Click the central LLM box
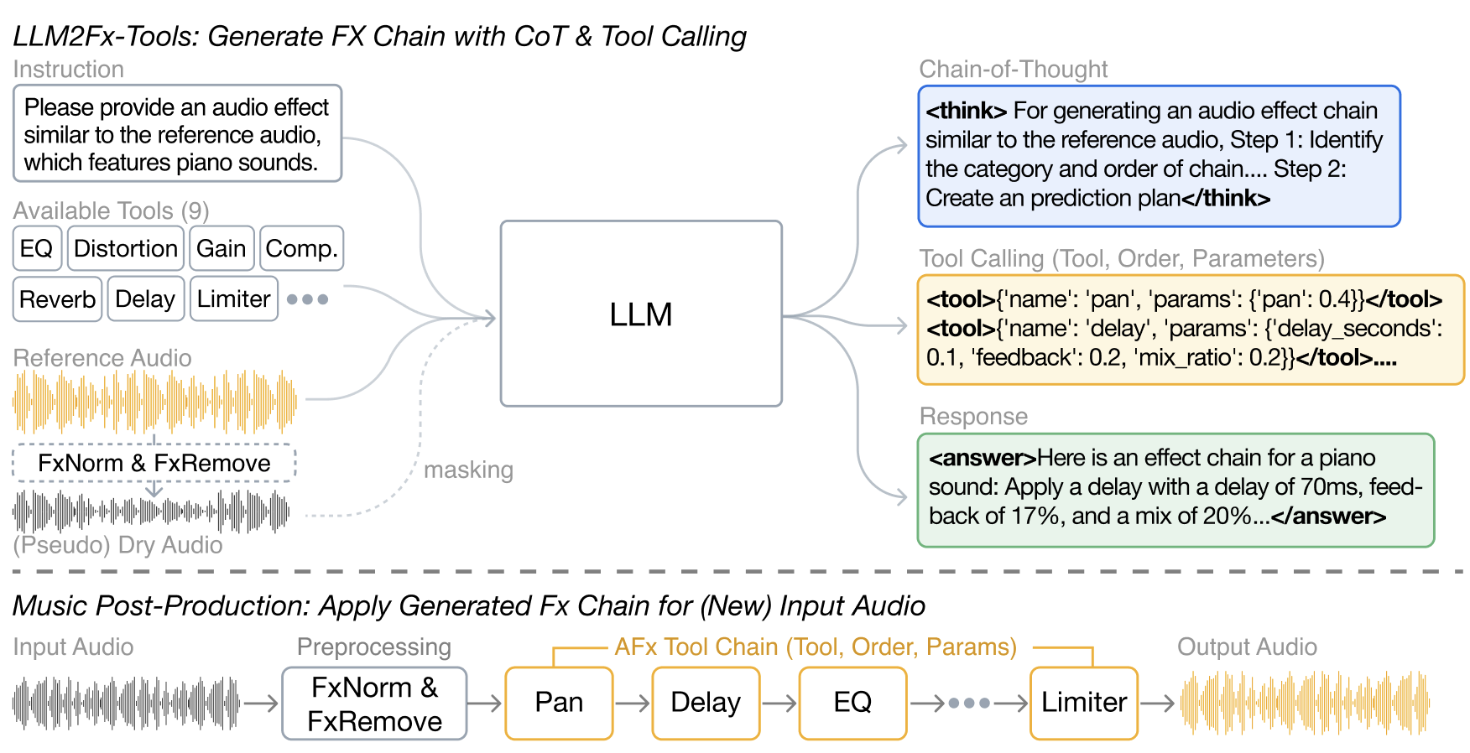pyautogui.click(x=641, y=314)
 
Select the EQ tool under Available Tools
pyautogui.click(x=37, y=248)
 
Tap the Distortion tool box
pyautogui.click(x=125, y=248)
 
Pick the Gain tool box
pyautogui.click(x=222, y=248)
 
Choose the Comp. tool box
pyautogui.click(x=301, y=248)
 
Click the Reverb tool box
pyautogui.click(x=57, y=299)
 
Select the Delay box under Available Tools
pyautogui.click(x=145, y=299)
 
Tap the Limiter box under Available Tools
pyautogui.click(x=233, y=299)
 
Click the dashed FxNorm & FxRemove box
pyautogui.click(x=154, y=463)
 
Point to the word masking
pyautogui.click(x=468, y=470)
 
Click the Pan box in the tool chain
pyautogui.click(x=559, y=703)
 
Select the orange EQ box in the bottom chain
pyautogui.click(x=852, y=703)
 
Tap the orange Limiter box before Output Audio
pyautogui.click(x=1083, y=703)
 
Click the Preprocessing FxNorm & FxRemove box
pyautogui.click(x=374, y=704)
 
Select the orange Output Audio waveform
pyautogui.click(x=1305, y=703)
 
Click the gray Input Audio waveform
pyautogui.click(x=126, y=703)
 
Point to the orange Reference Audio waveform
pyautogui.click(x=154, y=402)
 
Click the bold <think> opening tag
pyautogui.click(x=966, y=111)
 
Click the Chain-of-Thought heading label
pyautogui.click(x=1013, y=69)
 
